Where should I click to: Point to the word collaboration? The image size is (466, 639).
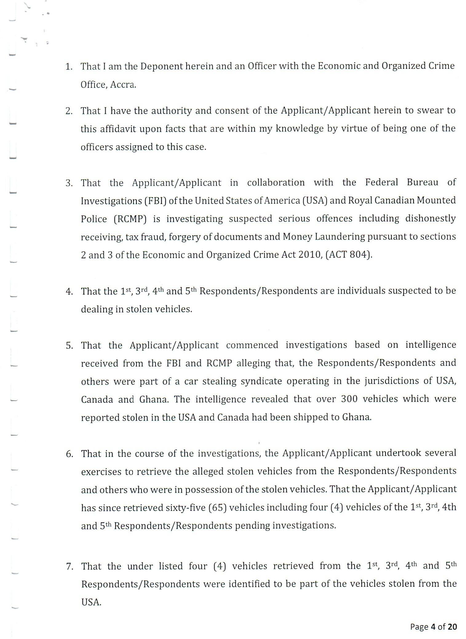(x=276, y=182)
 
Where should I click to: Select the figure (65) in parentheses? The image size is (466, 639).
(x=217, y=508)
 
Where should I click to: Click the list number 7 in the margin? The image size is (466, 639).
(x=70, y=566)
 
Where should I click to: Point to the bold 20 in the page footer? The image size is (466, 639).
(x=452, y=627)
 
